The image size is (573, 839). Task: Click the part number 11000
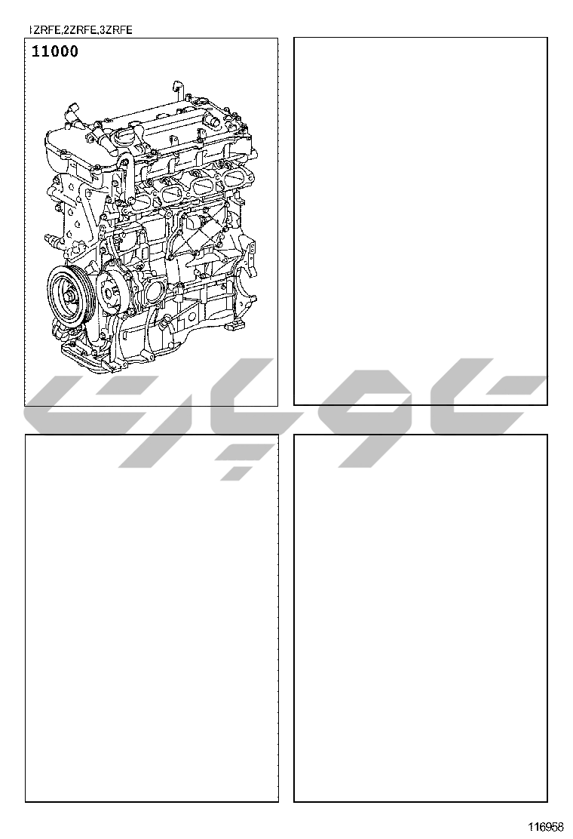tap(54, 52)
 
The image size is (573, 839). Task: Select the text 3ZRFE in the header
tap(116, 30)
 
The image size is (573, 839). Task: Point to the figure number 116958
tap(547, 827)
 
